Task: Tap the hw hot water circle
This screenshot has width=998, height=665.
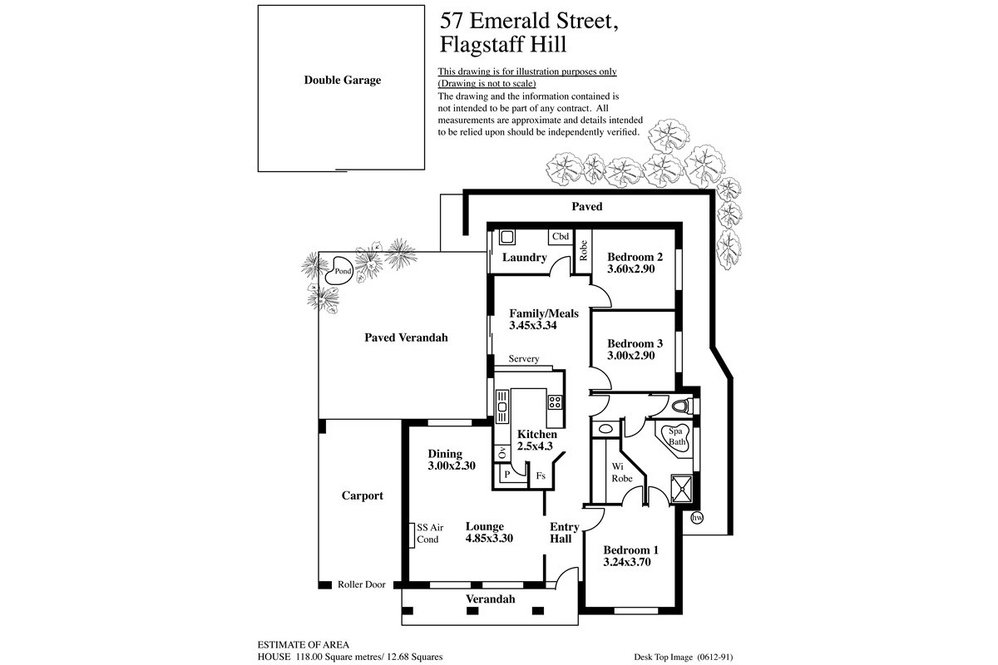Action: [697, 518]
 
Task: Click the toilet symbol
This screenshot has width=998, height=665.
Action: [681, 406]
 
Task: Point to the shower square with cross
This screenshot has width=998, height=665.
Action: [682, 488]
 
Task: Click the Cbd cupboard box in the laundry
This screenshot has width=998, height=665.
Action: [560, 237]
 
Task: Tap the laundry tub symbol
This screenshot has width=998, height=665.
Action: [507, 237]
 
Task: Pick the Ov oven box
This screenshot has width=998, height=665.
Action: [502, 452]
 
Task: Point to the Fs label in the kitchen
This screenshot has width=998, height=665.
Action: [541, 475]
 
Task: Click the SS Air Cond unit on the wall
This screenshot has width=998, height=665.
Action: [413, 534]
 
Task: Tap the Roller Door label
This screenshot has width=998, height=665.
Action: [361, 584]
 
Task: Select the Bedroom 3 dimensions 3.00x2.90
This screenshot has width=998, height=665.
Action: [631, 356]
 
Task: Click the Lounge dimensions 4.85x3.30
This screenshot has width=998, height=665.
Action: [489, 538]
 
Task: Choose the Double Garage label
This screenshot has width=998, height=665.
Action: [342, 80]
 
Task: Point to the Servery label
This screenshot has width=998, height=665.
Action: [523, 358]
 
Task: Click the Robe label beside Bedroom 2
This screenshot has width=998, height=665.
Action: [583, 250]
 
